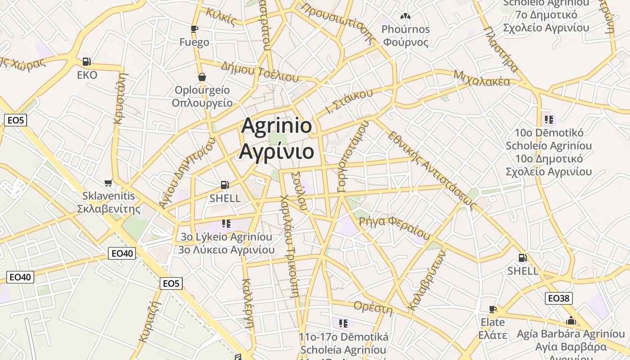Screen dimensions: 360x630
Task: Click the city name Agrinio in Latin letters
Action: tap(276, 126)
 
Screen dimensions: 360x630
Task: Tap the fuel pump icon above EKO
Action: tap(87, 62)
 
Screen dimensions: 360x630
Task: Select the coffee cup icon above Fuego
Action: tap(194, 29)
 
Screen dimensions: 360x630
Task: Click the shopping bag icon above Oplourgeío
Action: tap(202, 77)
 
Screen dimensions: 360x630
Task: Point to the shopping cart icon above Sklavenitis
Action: tap(108, 183)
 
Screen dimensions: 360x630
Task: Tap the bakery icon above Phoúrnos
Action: tap(405, 16)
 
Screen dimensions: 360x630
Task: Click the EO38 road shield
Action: tap(559, 298)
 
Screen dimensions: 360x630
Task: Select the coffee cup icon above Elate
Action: tap(493, 309)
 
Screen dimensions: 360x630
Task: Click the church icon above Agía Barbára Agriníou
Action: tap(571, 321)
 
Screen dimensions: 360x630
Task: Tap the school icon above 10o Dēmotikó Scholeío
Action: tap(549, 120)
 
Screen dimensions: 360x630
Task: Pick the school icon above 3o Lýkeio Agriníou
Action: tap(226, 223)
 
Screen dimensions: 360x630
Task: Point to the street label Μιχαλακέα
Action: tap(482, 78)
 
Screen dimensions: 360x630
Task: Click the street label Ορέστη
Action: tap(373, 308)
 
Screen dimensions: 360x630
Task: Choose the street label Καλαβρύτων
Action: tap(427, 280)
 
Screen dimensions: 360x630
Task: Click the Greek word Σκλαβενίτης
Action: tap(109, 209)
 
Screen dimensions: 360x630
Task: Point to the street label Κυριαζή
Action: tap(150, 320)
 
